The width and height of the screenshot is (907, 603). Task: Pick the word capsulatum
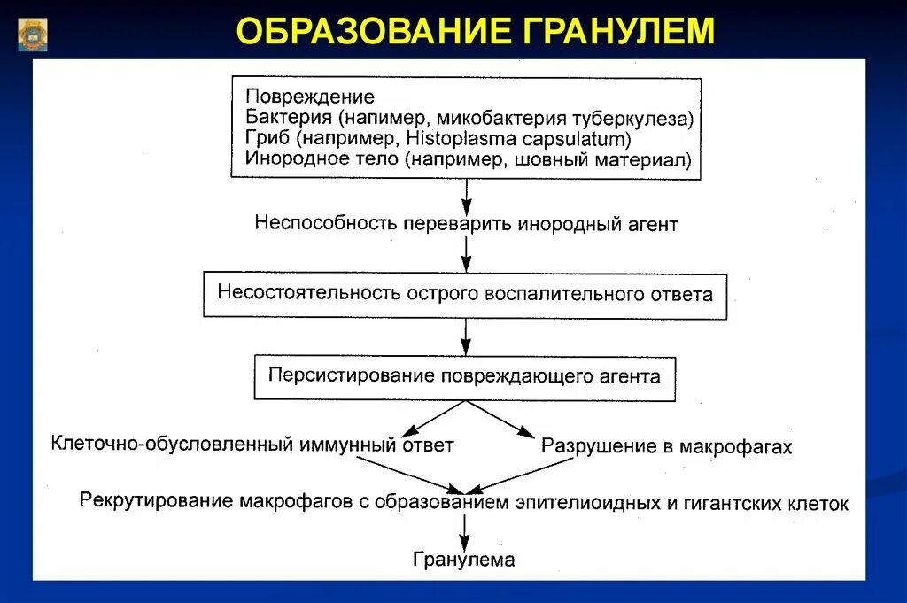[x=570, y=139]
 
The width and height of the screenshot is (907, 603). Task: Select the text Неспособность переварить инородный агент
[x=466, y=223]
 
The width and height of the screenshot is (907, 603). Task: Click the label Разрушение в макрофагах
[x=666, y=447]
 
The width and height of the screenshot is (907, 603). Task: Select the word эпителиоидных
[x=584, y=503]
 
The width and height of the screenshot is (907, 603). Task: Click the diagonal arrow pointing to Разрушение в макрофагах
[x=501, y=419]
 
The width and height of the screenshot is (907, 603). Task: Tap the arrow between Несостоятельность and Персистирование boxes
[x=466, y=336]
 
